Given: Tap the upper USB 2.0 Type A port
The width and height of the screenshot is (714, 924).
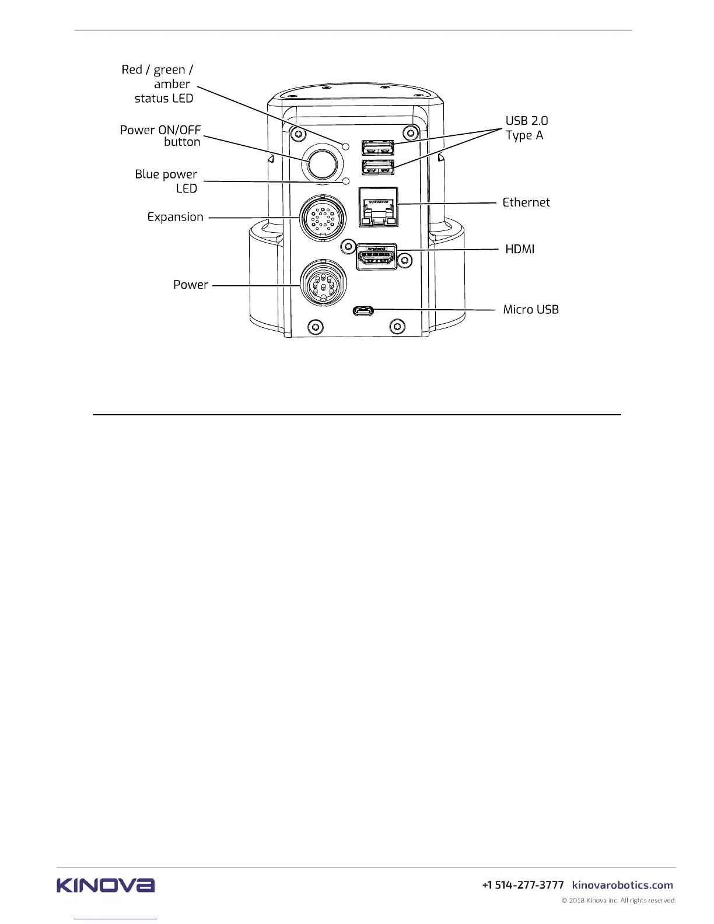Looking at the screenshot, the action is pos(377,148).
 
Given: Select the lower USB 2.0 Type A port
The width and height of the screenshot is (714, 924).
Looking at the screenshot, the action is pos(377,167).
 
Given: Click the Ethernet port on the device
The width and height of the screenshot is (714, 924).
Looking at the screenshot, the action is pos(378,208).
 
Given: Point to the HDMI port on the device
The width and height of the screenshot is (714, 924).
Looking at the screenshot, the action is pos(377,257).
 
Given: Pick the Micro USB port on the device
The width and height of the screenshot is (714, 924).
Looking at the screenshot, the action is pos(363,310).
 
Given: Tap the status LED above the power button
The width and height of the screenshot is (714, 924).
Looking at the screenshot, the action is pos(346,146).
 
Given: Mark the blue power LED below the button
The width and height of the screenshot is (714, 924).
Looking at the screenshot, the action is pos(346,181).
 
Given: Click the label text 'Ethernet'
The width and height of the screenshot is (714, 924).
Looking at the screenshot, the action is pos(526,202).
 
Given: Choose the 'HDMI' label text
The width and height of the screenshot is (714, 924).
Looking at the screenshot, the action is pos(520,249).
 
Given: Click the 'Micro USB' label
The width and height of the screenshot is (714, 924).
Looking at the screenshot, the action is pos(531,310).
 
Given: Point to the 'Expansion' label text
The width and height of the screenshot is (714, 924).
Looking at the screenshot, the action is pos(175,217).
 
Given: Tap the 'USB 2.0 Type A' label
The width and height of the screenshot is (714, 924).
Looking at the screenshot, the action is pos(526,128).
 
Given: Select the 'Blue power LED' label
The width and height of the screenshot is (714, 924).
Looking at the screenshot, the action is pos(167,181).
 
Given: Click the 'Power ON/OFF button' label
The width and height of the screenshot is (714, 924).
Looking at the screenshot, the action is pos(161,136).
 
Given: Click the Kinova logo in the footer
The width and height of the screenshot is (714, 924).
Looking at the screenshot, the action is pos(106,885).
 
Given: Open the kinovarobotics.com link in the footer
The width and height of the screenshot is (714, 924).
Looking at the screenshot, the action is pos(622,885).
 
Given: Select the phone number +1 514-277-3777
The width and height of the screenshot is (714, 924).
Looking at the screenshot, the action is pos(523,885).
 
